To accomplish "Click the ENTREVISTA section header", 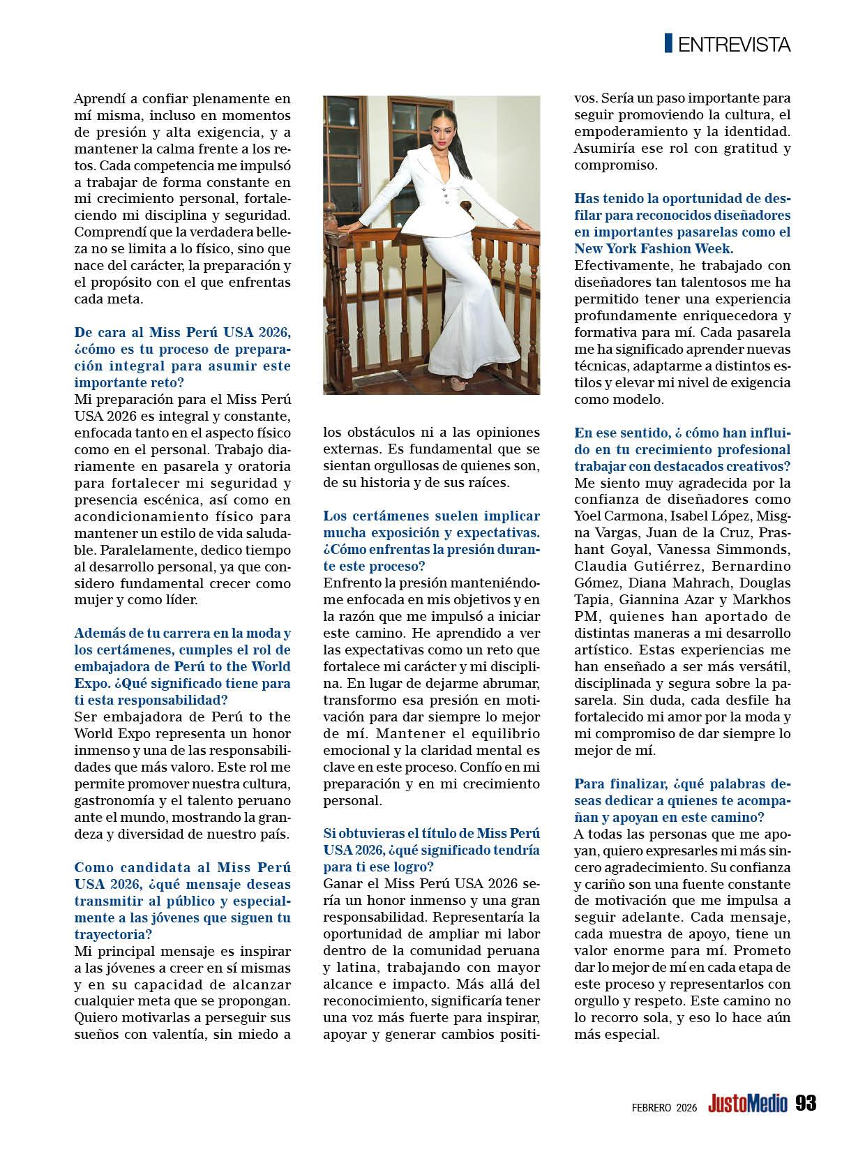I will (734, 45).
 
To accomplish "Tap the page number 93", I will (805, 1103).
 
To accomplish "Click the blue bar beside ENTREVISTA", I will (668, 43).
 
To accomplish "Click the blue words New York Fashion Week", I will (653, 248).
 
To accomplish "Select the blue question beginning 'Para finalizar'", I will (682, 800).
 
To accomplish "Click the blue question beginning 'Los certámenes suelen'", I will (431, 532).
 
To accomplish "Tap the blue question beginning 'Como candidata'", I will (182, 901).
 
